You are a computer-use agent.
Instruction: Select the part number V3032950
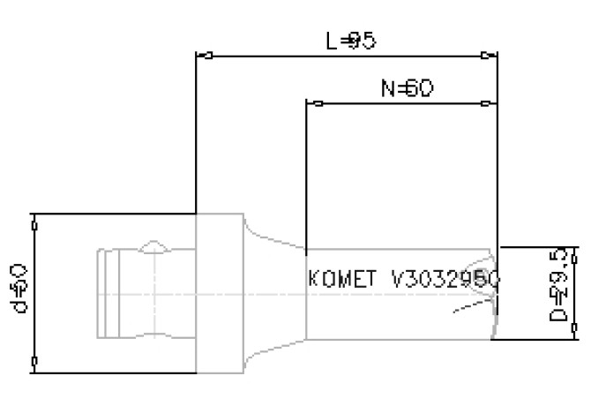[445, 279]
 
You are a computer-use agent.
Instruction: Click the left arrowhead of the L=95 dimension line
[203, 56]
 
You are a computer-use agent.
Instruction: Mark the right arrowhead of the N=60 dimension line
[487, 103]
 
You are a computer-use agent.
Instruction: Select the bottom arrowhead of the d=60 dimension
[34, 362]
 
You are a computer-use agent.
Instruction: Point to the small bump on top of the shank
[155, 244]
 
